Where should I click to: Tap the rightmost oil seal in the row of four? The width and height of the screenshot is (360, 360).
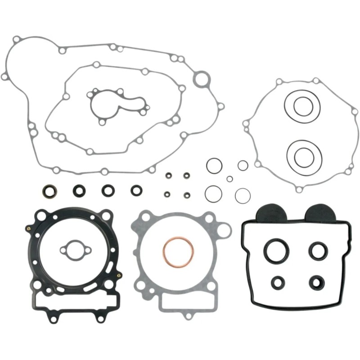pos(135,190)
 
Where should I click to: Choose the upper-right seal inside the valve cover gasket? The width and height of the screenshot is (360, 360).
pos(318,250)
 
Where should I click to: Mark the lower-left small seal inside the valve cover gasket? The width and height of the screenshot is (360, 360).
pos(278,283)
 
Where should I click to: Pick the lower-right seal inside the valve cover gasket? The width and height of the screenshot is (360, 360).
pos(317,283)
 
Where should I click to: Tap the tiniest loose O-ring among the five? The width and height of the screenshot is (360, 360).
pos(229,179)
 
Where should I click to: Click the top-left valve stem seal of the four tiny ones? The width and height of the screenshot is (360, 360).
pos(168,175)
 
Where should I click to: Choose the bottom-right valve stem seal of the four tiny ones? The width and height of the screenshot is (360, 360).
pos(185,194)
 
